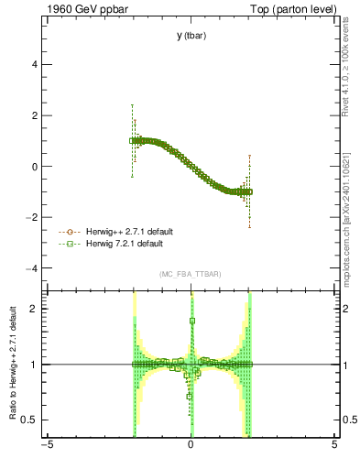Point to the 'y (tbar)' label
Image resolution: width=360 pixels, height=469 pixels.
[191, 36]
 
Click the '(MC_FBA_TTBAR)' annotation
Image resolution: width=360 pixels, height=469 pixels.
[191, 275]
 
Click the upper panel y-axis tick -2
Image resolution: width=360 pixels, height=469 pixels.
[34, 218]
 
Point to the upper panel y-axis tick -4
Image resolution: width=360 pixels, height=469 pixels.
[34, 268]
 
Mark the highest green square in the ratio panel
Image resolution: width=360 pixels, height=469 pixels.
[192, 321]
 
